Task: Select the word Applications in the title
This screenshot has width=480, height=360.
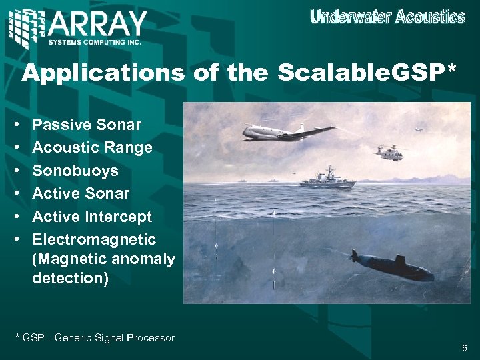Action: coord(103,73)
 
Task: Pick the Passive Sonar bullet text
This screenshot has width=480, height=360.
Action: coord(87,125)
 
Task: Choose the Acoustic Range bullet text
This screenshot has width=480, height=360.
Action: coord(92,147)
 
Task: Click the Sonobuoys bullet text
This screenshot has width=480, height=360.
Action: coord(75,171)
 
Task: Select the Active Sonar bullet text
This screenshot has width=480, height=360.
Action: coord(81,193)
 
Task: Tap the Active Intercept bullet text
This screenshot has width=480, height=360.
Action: coord(92,217)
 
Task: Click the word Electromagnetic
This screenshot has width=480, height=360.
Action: coord(94,239)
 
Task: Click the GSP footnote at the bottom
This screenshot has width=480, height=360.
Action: coord(95,338)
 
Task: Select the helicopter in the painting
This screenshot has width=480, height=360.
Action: coord(388,153)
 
